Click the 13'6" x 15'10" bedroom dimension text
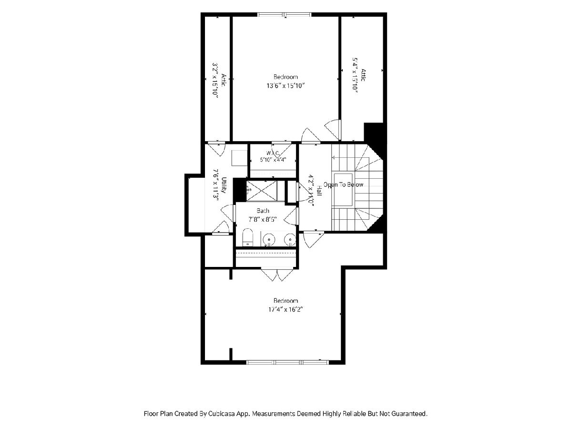(x=286, y=85)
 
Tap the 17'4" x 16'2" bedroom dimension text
(x=286, y=309)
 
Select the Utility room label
(x=224, y=185)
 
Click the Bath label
(x=263, y=211)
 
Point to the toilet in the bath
(x=247, y=237)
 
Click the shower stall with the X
(x=262, y=191)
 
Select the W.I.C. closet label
(x=273, y=153)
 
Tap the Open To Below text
(x=343, y=184)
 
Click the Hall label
(x=319, y=190)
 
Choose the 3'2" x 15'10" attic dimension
(x=215, y=80)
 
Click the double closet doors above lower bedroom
(x=277, y=275)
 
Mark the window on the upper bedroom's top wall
(x=284, y=15)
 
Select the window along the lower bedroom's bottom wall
(x=287, y=362)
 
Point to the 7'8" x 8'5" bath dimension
(x=263, y=219)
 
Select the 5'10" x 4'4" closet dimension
(x=273, y=159)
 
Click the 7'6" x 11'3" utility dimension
(x=216, y=184)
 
